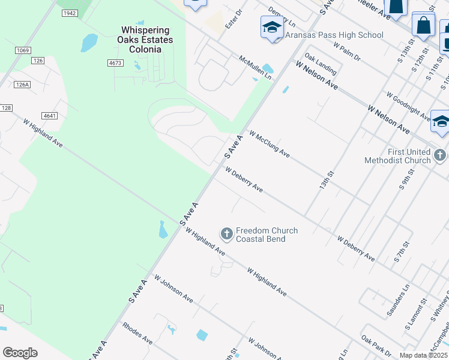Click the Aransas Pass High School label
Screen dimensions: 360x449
pos(334,35)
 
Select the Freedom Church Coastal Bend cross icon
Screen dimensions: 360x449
pos(227,233)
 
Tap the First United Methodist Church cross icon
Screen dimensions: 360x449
pos(441,156)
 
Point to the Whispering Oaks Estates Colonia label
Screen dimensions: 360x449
pos(146,40)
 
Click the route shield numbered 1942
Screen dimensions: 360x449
pos(69,13)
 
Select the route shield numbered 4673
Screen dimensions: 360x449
pos(115,62)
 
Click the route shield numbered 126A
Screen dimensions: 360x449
pos(23,85)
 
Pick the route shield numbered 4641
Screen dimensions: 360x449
pos(50,115)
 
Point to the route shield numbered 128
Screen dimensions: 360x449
pos(6,107)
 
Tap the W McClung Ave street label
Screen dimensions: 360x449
pos(270,145)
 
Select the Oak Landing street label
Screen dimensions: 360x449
pos(320,61)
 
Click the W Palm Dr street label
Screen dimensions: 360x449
pos(346,52)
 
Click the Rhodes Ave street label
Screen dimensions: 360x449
pos(137,334)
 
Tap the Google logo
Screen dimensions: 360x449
pos(20,353)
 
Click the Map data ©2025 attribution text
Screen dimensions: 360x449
pos(423,355)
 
